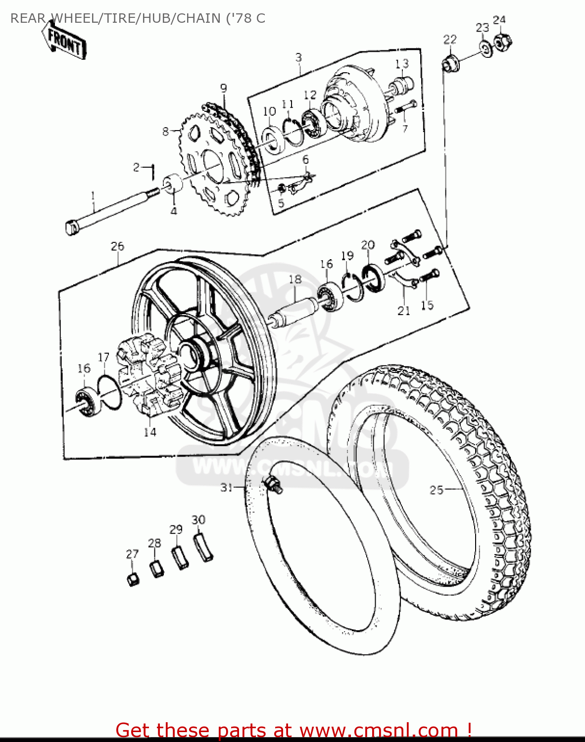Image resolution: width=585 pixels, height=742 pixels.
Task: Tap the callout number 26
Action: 117,246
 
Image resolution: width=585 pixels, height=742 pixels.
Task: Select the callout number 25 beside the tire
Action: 436,490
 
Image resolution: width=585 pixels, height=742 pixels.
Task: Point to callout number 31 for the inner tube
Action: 227,488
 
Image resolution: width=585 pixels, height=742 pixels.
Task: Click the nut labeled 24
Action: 503,43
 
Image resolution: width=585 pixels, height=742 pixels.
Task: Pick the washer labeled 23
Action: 485,48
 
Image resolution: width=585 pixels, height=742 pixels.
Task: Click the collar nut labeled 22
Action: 449,64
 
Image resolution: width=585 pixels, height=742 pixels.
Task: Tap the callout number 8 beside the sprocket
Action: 166,131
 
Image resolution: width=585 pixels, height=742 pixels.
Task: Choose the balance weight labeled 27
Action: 133,578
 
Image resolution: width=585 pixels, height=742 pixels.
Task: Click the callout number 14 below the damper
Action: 150,432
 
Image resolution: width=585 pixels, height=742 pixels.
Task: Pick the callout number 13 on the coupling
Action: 402,64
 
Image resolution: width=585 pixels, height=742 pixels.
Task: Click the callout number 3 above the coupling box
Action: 298,57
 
